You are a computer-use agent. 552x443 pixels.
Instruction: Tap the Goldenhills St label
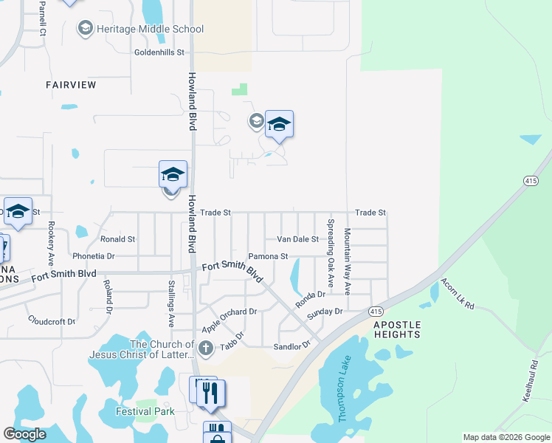tap(159, 52)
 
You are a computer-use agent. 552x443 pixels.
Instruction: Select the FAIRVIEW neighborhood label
tap(71, 85)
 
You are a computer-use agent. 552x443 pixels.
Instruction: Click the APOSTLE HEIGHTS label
tap(396, 329)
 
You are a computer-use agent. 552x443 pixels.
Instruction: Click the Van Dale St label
tap(297, 239)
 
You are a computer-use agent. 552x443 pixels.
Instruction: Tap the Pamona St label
tap(267, 256)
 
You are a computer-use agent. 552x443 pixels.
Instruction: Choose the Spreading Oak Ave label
tap(331, 253)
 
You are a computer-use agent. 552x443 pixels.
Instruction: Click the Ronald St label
tap(118, 239)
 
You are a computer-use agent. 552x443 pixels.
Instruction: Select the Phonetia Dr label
tap(94, 256)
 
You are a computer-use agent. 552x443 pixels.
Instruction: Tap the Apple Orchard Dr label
tap(230, 312)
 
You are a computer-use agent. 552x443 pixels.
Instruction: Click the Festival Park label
tap(138, 411)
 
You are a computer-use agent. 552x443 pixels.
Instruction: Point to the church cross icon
tap(206, 348)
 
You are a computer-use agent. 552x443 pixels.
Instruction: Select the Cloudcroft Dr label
tap(52, 321)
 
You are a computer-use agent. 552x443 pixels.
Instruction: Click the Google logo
tap(24, 434)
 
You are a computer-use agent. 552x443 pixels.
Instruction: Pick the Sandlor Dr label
tap(291, 346)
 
